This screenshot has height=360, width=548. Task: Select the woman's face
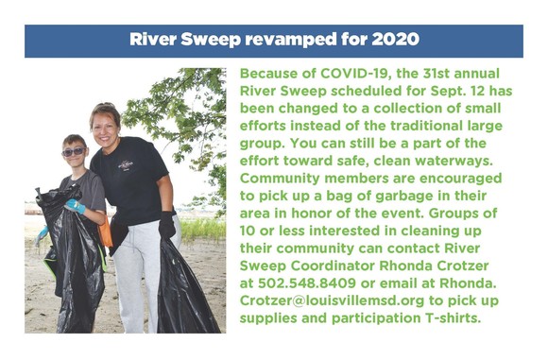coord(105,122)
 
